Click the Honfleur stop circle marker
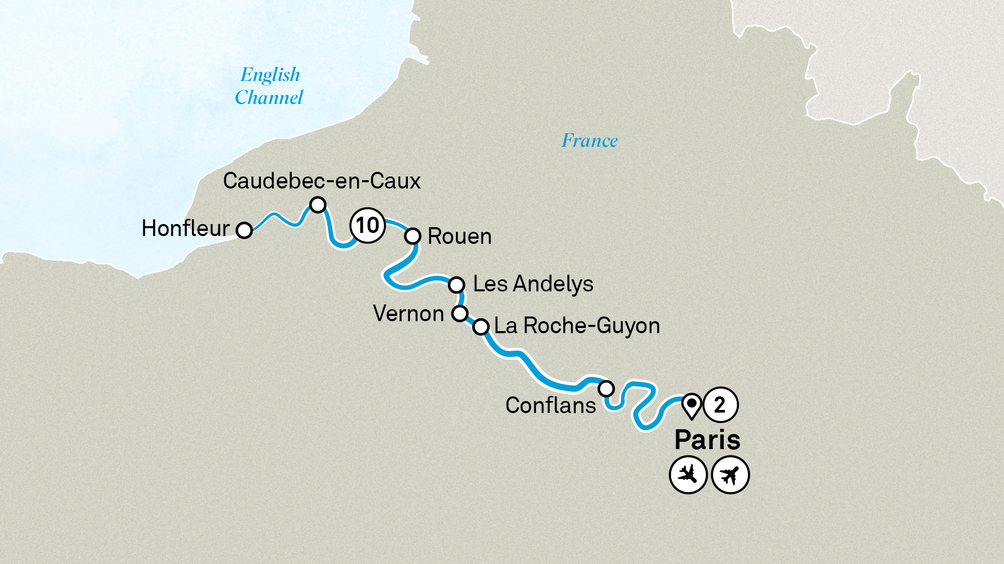[x=244, y=230]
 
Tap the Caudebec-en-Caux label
[x=322, y=181]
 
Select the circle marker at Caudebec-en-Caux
[x=318, y=205]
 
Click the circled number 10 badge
[x=367, y=226]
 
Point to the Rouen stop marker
[x=413, y=236]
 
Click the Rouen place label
[x=460, y=237]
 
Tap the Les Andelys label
[x=533, y=284]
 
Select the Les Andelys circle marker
[x=457, y=285]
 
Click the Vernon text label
[x=408, y=314]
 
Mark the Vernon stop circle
[x=460, y=313]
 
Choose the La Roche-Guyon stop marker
[x=481, y=327]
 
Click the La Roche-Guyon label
[x=577, y=326]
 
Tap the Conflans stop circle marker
[x=606, y=389]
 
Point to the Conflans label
[x=551, y=406]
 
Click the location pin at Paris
[x=691, y=405]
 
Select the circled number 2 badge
[x=720, y=405]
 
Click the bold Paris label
[x=707, y=440]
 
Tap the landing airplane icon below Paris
[x=688, y=475]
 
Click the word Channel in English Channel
[x=269, y=98]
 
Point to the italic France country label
[x=589, y=140]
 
